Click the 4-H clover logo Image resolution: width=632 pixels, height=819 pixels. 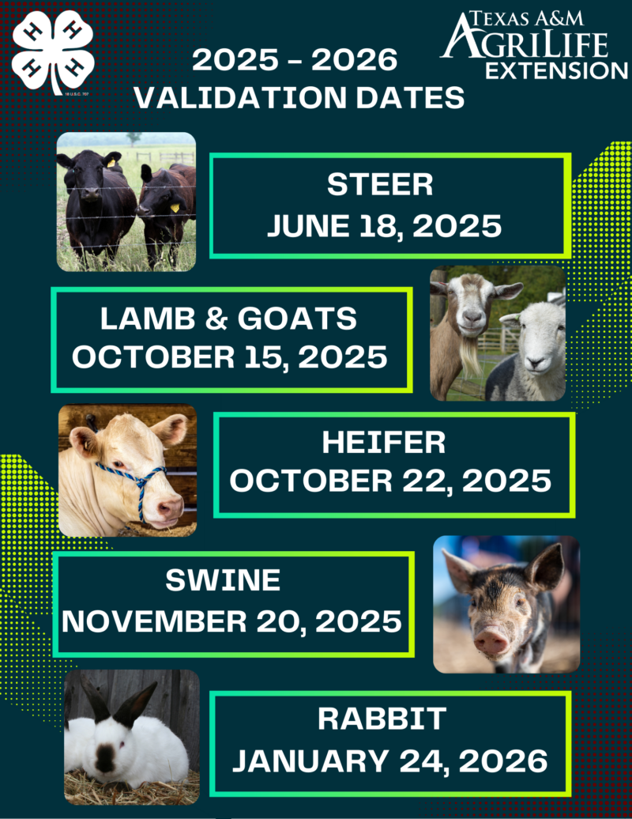click(53, 53)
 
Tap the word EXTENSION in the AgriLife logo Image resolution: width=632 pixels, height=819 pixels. click(556, 71)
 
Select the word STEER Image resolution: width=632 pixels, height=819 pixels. click(380, 184)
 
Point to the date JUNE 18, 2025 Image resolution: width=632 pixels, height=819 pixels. click(384, 225)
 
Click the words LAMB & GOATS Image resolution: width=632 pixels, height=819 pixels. click(228, 318)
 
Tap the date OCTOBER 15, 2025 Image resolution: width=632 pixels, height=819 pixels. click(230, 357)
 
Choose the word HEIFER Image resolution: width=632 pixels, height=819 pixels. click(384, 443)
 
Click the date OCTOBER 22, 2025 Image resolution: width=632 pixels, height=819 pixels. click(390, 481)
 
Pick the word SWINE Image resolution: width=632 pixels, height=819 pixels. click(223, 580)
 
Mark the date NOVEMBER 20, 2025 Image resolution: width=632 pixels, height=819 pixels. click(231, 621)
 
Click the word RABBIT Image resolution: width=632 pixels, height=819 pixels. click(382, 719)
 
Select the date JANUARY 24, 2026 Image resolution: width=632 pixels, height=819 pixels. click(389, 760)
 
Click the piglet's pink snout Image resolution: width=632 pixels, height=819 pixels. click(491, 640)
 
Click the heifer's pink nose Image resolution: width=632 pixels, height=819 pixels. click(170, 508)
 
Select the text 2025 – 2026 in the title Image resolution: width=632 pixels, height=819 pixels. click(295, 59)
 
